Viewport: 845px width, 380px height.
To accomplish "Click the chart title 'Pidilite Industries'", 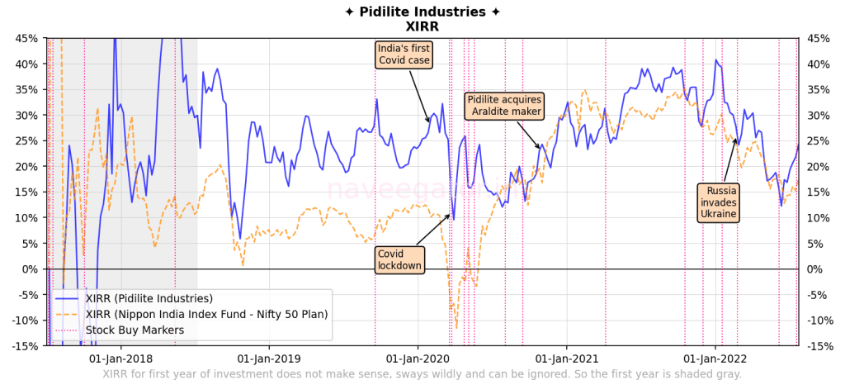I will pos(422,12).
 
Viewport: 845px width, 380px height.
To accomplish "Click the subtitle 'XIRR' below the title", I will pos(422,26).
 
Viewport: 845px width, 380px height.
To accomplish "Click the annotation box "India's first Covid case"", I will pos(404,55).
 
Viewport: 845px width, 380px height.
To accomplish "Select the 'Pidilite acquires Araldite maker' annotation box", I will pos(504,106).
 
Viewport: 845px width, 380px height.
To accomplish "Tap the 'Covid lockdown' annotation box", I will pos(399,259).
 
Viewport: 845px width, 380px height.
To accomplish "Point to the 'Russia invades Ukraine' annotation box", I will pos(717,202).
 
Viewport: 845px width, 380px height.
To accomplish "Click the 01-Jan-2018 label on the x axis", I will pos(120,359).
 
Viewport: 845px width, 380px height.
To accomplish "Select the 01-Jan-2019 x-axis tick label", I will pos(268,359).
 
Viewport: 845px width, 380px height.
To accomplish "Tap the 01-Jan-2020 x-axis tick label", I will pos(418,359).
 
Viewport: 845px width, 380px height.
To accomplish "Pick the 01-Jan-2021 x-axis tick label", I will pos(567,359).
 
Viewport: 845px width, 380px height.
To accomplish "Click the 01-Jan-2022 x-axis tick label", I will pos(715,359).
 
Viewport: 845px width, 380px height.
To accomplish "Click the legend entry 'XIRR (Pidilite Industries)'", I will pos(149,298).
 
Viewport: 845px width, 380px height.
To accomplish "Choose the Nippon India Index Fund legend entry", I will pos(206,314).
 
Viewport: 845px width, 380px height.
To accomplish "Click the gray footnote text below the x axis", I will pos(422,373).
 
